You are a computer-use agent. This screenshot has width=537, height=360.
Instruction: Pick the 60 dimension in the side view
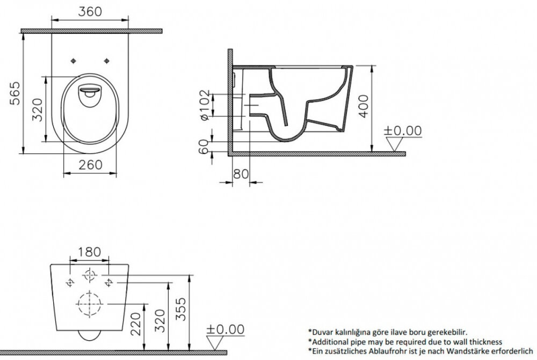pyautogui.click(x=204, y=146)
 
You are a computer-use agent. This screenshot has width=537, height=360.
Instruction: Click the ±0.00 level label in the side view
pyautogui.click(x=403, y=130)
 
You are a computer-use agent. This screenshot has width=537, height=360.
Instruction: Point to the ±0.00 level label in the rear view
pyautogui.click(x=226, y=329)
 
